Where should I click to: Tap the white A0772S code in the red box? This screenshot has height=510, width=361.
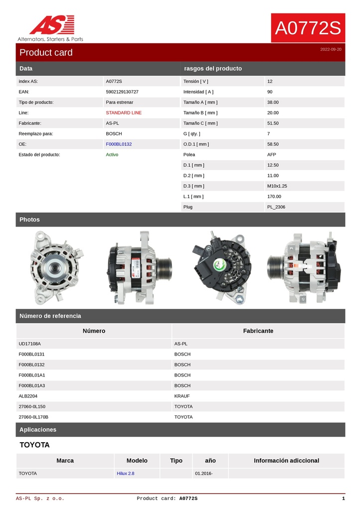tap(308, 28)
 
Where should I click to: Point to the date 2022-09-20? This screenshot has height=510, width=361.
tap(331, 49)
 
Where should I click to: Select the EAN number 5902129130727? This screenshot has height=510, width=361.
tap(122, 92)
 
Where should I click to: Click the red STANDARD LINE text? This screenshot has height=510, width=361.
tap(124, 113)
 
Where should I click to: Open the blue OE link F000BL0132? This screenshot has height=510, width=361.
tap(119, 144)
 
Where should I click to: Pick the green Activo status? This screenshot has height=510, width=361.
tap(112, 154)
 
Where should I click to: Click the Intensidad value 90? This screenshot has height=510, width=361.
tap(270, 92)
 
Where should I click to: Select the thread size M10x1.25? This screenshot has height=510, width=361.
tap(277, 186)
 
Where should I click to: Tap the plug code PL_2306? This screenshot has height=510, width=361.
tap(276, 207)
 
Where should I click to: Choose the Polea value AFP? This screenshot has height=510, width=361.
tap(272, 154)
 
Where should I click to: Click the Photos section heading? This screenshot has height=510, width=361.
tap(29, 220)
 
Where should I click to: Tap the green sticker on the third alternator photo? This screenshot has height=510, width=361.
tap(220, 266)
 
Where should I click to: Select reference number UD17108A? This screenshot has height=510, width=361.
tap(30, 344)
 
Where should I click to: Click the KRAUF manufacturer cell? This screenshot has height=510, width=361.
tap(182, 396)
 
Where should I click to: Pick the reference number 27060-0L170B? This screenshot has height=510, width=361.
tap(33, 417)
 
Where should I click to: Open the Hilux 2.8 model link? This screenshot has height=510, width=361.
tap(126, 473)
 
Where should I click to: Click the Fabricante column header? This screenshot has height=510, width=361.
tap(258, 331)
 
